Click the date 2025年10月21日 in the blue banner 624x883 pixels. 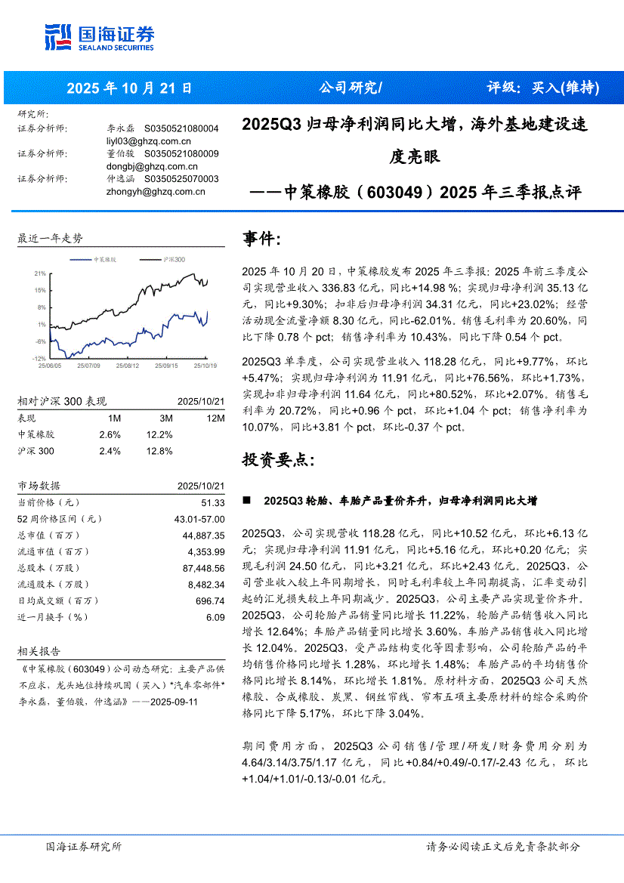tap(129, 88)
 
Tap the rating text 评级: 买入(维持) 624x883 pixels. tap(543, 88)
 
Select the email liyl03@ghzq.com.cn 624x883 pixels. tap(149, 140)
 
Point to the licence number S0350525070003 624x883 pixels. tap(181, 179)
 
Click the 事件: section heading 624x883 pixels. tap(261, 239)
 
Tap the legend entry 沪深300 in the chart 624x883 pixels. tap(174, 259)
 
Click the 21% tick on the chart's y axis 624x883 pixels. tap(40, 273)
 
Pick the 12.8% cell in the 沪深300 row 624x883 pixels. tap(160, 451)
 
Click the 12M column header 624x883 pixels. tap(215, 418)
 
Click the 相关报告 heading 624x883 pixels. tap(39, 651)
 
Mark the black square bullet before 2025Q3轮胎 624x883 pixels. tap(246, 502)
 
